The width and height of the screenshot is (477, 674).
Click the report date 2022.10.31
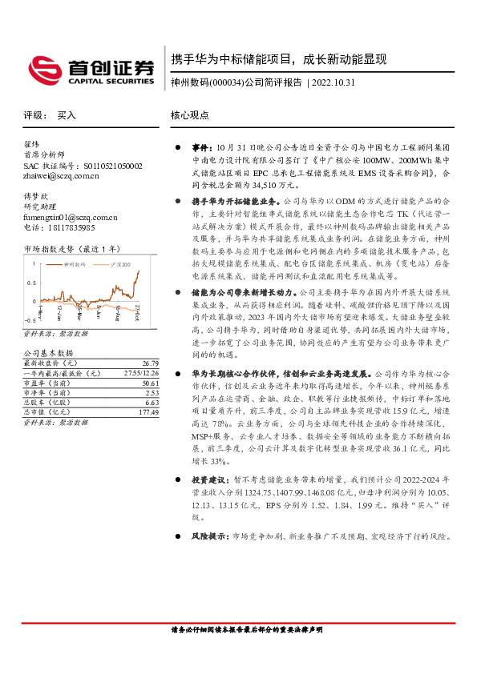point(333,82)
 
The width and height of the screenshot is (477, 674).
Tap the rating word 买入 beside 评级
point(67,115)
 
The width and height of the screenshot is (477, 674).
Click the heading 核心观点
point(189,115)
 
